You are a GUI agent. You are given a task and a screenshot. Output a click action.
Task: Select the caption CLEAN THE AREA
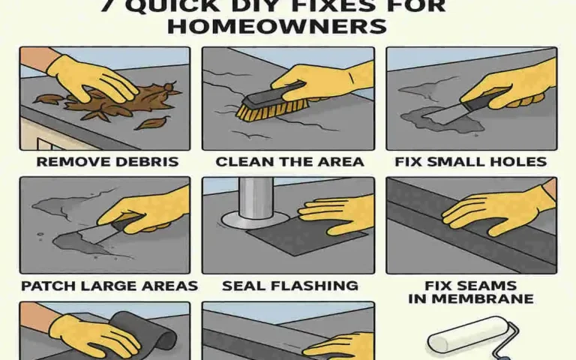(289, 161)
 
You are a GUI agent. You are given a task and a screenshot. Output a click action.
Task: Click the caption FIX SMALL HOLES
(472, 161)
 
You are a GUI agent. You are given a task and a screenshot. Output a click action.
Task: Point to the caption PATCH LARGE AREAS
(109, 286)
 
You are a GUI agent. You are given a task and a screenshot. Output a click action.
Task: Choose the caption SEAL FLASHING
(289, 286)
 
